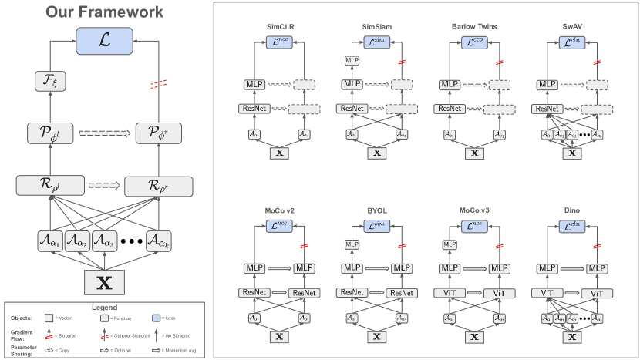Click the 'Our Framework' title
click(x=104, y=12)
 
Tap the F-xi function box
click(x=49, y=79)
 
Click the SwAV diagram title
click(x=571, y=25)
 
